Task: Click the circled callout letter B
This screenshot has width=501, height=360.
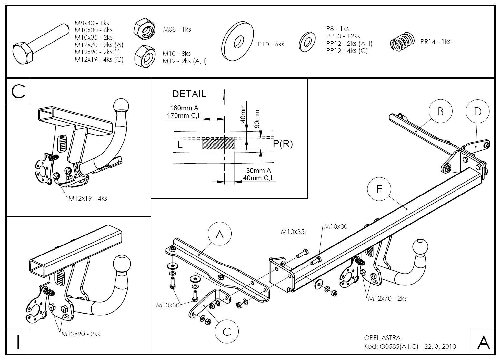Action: click(440, 111)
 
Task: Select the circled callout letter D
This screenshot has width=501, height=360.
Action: click(477, 111)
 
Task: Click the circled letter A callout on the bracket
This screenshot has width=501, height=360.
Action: click(220, 234)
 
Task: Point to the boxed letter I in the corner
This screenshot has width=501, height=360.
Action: click(18, 342)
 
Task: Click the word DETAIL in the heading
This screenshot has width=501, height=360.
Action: click(189, 94)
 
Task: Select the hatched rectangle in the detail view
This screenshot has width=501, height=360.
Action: click(218, 143)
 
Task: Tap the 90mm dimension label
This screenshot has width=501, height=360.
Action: click(257, 119)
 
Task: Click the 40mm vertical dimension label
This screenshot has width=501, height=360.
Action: click(243, 113)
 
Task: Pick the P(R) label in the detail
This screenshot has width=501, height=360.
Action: click(283, 144)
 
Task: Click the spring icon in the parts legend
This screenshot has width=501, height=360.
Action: click(402, 42)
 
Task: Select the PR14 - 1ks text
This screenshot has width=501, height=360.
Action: click(435, 42)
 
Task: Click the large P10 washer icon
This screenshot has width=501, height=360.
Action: click(238, 41)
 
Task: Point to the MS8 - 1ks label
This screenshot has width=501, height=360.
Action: click(177, 29)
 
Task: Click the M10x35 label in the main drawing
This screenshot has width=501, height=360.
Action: click(293, 231)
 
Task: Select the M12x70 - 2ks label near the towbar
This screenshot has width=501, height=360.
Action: click(387, 298)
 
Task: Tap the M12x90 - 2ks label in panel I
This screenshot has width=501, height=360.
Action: click(81, 334)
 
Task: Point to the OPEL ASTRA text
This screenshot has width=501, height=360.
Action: click(382, 338)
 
